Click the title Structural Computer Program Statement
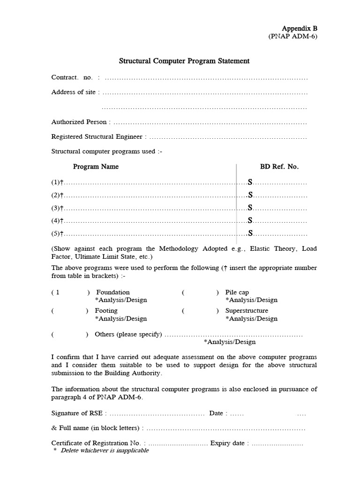point(184,61)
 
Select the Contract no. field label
point(72,77)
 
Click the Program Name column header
point(96,166)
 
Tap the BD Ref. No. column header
point(279,166)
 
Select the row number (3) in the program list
point(56,208)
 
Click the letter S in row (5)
point(250,233)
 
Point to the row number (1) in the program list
point(56,182)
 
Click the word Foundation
point(113,292)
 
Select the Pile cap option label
point(237,292)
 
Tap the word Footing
point(106,310)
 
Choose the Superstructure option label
point(247,310)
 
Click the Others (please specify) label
point(128,334)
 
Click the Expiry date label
point(228,443)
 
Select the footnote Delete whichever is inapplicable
point(105,450)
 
